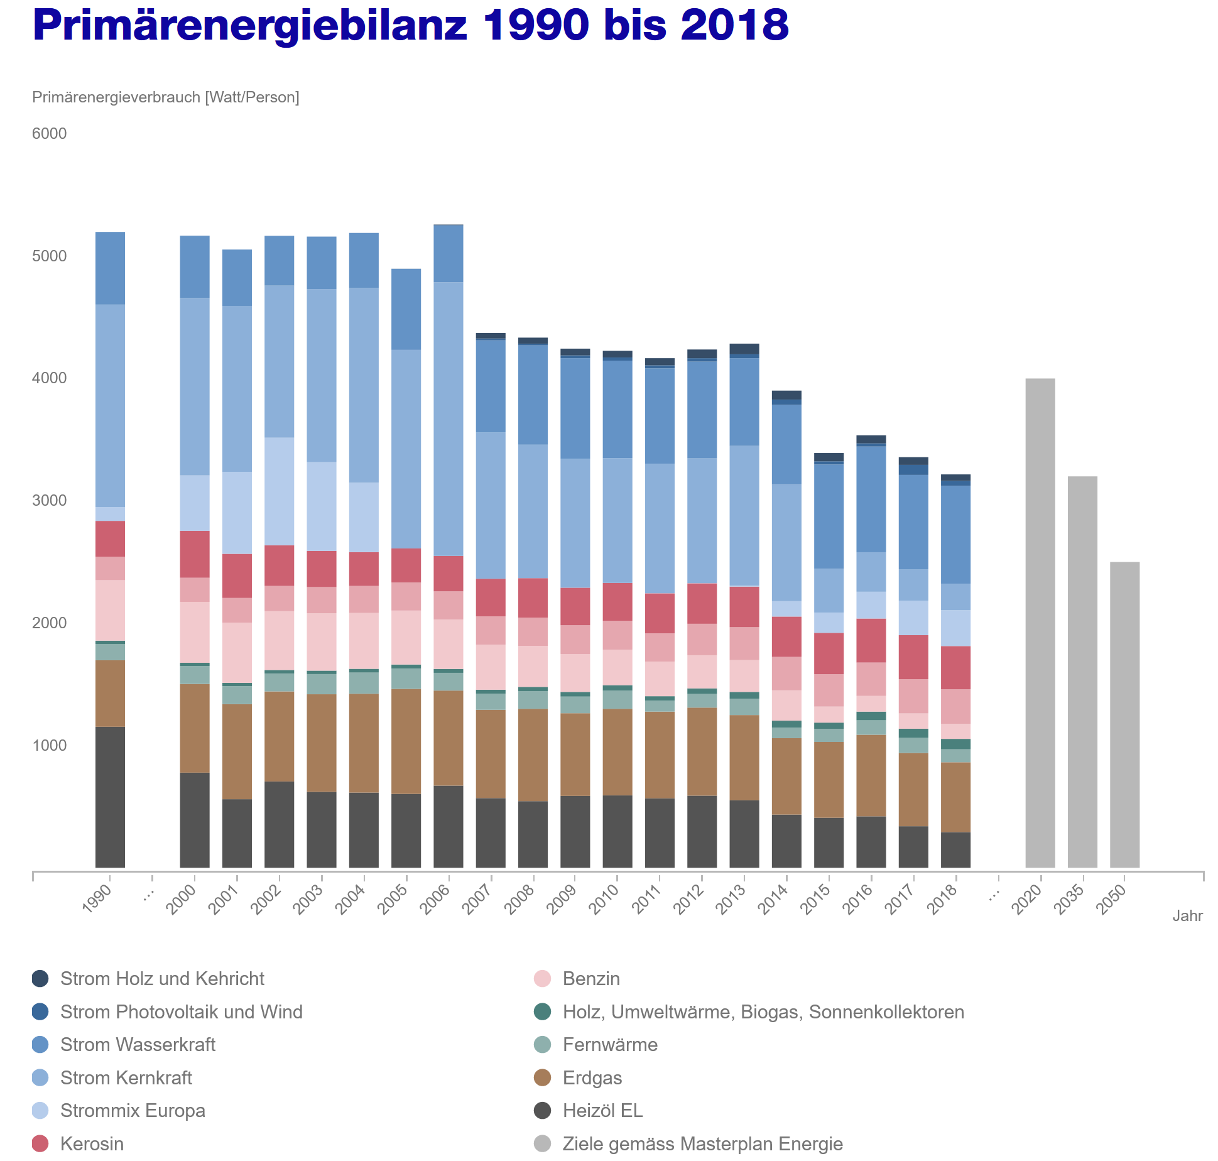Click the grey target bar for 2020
[x=1040, y=622]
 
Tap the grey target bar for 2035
[x=1082, y=672]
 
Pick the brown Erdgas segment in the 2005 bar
[x=406, y=741]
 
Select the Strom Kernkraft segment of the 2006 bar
[x=449, y=418]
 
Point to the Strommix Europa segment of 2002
[x=279, y=491]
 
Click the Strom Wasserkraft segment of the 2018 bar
[x=955, y=535]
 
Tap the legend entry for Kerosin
[x=92, y=1143]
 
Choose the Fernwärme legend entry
[x=609, y=1045]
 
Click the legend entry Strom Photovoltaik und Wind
[x=181, y=1011]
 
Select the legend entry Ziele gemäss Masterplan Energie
[x=702, y=1143]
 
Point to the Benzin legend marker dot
[x=542, y=979]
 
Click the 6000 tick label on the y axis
[x=50, y=134]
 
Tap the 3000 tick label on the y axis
[x=50, y=501]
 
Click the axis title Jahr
[x=1187, y=916]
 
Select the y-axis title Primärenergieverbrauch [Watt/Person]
[x=166, y=97]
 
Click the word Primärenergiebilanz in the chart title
[x=250, y=25]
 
